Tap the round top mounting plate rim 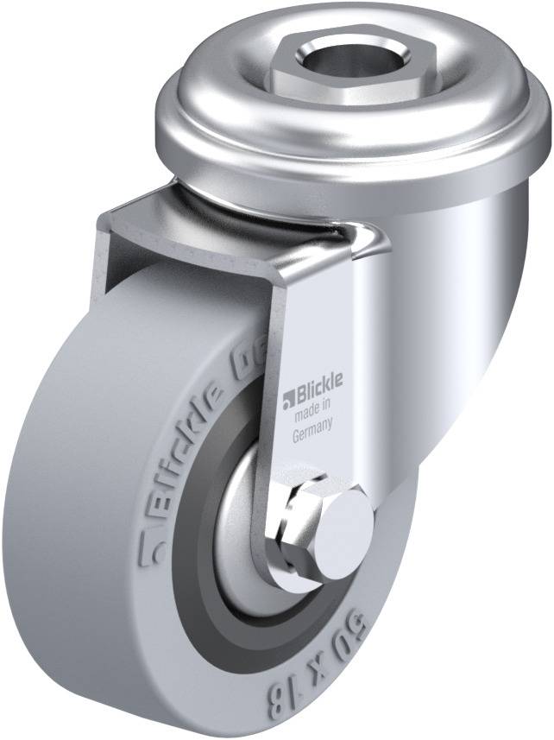click(216, 138)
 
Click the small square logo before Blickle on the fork click(289, 398)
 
